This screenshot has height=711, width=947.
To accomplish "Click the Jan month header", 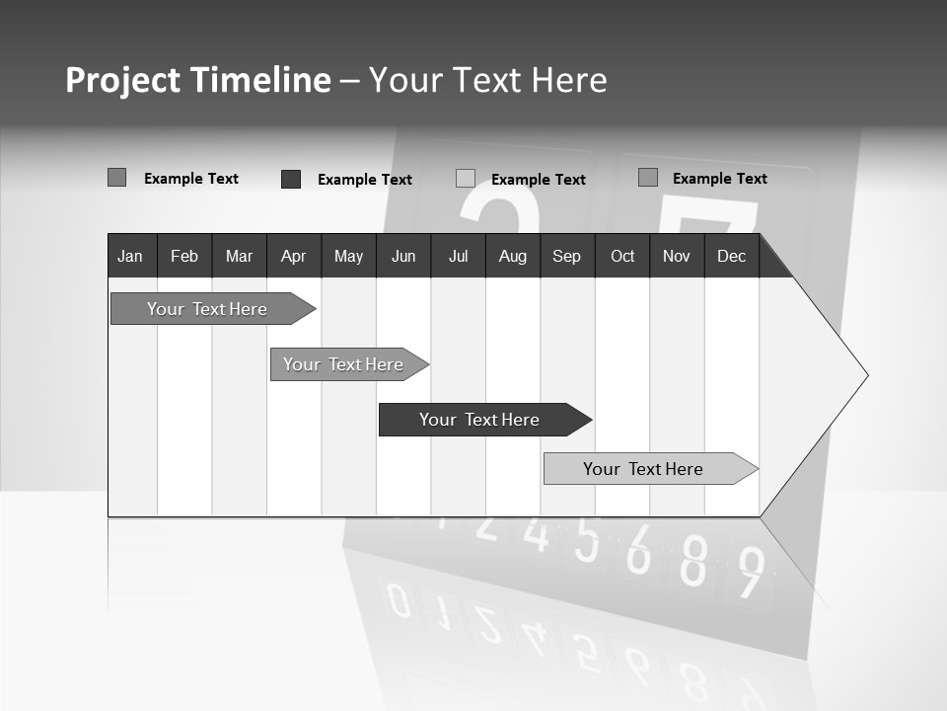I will [x=130, y=256].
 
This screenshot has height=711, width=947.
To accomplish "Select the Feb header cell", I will [x=184, y=256].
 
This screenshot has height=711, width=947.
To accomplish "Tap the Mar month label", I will [x=239, y=256].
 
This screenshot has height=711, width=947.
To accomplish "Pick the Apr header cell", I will [x=293, y=256].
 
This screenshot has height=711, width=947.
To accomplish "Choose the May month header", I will [x=348, y=256].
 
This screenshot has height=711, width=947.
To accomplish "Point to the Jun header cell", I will [x=403, y=256].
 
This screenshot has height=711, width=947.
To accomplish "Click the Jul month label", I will [x=458, y=256].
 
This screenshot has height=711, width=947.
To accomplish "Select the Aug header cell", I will [x=513, y=256].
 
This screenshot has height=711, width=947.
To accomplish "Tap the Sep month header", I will [x=567, y=256].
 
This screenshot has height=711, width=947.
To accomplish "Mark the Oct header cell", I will [x=622, y=256].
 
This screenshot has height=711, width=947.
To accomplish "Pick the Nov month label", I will [x=677, y=256].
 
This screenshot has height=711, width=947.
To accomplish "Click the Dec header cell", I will [x=732, y=256].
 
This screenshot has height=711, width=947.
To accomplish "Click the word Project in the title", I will [x=122, y=80].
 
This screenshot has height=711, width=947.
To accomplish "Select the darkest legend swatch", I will [x=291, y=179].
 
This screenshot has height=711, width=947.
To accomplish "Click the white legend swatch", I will [x=466, y=179].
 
